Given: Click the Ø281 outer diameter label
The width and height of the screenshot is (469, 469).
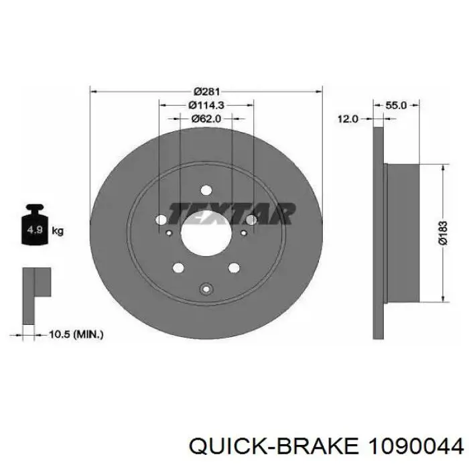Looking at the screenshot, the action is pos(206,91).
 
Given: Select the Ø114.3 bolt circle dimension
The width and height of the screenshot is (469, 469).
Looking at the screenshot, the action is pos(206,105).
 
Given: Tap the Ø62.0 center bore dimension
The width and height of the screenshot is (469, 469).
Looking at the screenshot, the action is pos(206,119).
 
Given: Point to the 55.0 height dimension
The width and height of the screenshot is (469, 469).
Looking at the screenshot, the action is pos(396,105).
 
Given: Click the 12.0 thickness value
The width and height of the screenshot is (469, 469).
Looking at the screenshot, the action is pos(348,119).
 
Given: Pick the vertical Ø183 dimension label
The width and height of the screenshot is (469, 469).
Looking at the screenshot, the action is pos(444,233).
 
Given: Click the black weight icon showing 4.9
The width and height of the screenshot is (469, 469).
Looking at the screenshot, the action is pos(35,224).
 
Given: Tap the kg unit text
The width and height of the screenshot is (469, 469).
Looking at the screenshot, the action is pos(58,231).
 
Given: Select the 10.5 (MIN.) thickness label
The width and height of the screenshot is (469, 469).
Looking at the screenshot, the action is pos(76,334).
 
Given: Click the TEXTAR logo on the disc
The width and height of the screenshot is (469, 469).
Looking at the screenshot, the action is pos(232,214).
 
